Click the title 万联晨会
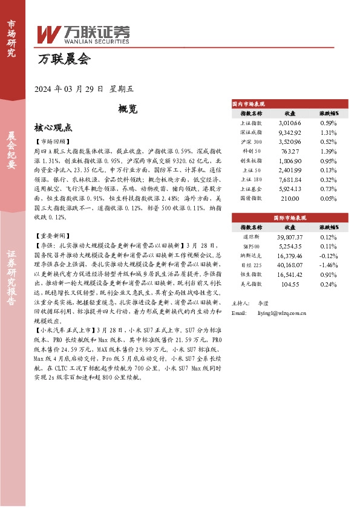click(x=64, y=59)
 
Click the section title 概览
click(x=128, y=109)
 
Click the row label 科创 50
click(x=251, y=151)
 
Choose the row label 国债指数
click(x=251, y=198)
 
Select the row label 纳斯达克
click(x=251, y=256)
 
